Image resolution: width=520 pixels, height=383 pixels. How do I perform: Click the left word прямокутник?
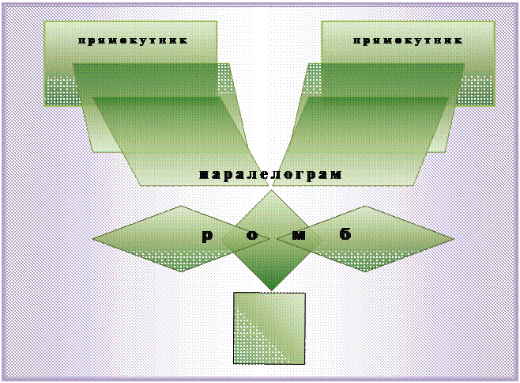132,40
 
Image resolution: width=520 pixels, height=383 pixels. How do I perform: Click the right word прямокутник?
407,40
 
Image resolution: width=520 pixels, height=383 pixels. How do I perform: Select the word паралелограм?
270,174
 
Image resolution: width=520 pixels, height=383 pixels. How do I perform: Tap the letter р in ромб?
207,235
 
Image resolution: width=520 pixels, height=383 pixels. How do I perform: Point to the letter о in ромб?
251,235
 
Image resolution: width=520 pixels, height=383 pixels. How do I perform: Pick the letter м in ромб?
297,235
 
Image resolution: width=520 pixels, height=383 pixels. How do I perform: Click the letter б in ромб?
345,234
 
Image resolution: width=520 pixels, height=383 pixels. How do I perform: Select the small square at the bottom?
269,328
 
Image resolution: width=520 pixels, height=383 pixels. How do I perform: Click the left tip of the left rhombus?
95,238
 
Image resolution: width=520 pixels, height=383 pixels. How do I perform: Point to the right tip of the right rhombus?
452,238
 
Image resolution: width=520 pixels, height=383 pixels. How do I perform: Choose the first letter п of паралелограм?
203,174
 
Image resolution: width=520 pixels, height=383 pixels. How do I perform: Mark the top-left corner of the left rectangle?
45,22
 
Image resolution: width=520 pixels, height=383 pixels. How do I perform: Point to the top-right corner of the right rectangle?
494,22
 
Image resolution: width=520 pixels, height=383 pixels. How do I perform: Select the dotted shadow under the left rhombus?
170,261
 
